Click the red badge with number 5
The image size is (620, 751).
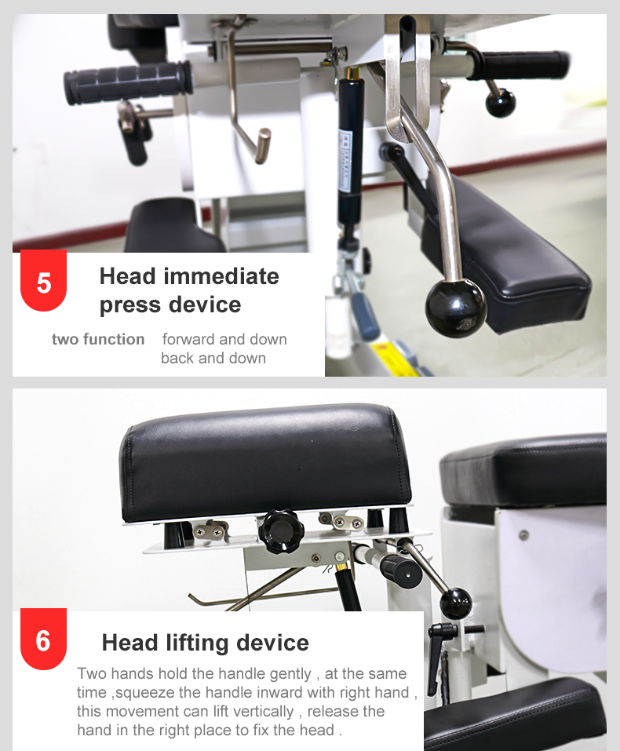[43, 281]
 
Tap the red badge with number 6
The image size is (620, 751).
[43, 639]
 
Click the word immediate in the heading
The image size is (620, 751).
[221, 276]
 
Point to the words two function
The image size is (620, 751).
[98, 339]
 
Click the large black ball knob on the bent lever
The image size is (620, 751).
[456, 308]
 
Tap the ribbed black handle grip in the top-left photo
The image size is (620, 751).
[128, 82]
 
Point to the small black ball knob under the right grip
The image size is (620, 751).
[500, 103]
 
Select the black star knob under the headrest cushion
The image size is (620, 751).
[281, 531]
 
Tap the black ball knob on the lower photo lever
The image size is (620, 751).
[456, 603]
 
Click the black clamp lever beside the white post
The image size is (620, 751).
[437, 657]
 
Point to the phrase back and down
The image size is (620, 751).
[213, 359]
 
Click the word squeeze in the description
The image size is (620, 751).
[145, 693]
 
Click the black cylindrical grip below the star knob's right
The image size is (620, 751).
[401, 571]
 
